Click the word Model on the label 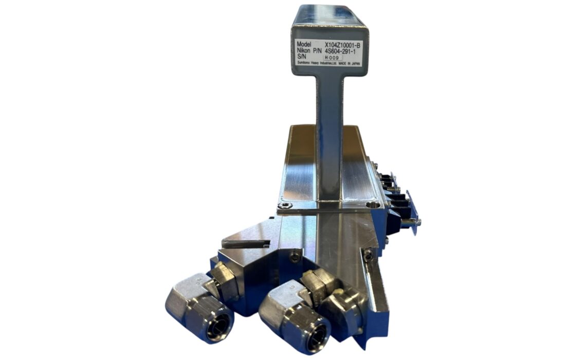click(303, 44)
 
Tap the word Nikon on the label click(303, 50)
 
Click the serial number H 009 click(332, 58)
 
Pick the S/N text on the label click(301, 56)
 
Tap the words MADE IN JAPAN click(350, 64)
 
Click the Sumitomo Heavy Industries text click(317, 64)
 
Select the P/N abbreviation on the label click(317, 50)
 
